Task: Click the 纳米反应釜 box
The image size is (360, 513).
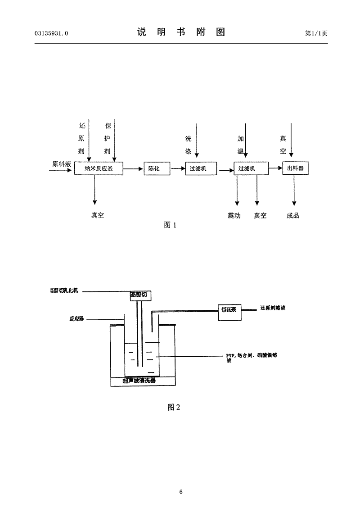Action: tap(99, 169)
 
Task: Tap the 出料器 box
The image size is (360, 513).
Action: tap(295, 169)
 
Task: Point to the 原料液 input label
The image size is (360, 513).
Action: tap(61, 164)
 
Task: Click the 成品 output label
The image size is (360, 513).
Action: tap(292, 216)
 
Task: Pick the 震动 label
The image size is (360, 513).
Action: tap(234, 216)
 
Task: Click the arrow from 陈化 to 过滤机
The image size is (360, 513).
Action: tap(177, 169)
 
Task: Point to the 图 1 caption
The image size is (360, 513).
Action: tap(170, 225)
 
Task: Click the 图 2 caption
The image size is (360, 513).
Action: tap(174, 407)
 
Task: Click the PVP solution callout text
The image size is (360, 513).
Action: tap(252, 357)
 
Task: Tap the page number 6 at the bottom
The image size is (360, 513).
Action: tap(180, 492)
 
